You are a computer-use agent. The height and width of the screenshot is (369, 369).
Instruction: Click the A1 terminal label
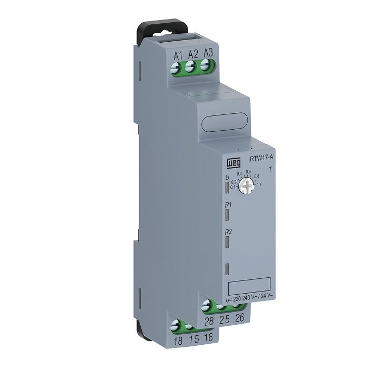[178, 54]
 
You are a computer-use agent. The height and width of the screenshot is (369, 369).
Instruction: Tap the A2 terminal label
[193, 53]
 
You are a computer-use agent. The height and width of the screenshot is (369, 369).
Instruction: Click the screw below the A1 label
[177, 67]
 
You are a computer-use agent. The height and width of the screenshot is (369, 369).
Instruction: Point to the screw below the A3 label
[206, 66]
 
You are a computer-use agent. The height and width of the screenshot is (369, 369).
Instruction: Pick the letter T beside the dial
[270, 170]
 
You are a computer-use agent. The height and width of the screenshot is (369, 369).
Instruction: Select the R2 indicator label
[228, 232]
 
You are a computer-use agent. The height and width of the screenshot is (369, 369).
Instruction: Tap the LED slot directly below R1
[228, 215]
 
